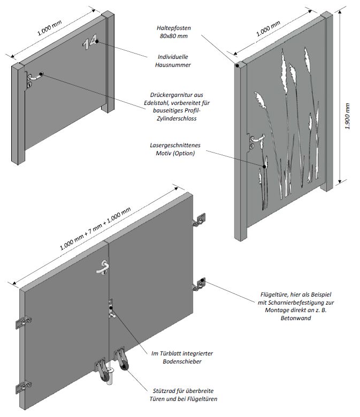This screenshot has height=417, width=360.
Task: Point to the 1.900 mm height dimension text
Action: coord(348,115)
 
